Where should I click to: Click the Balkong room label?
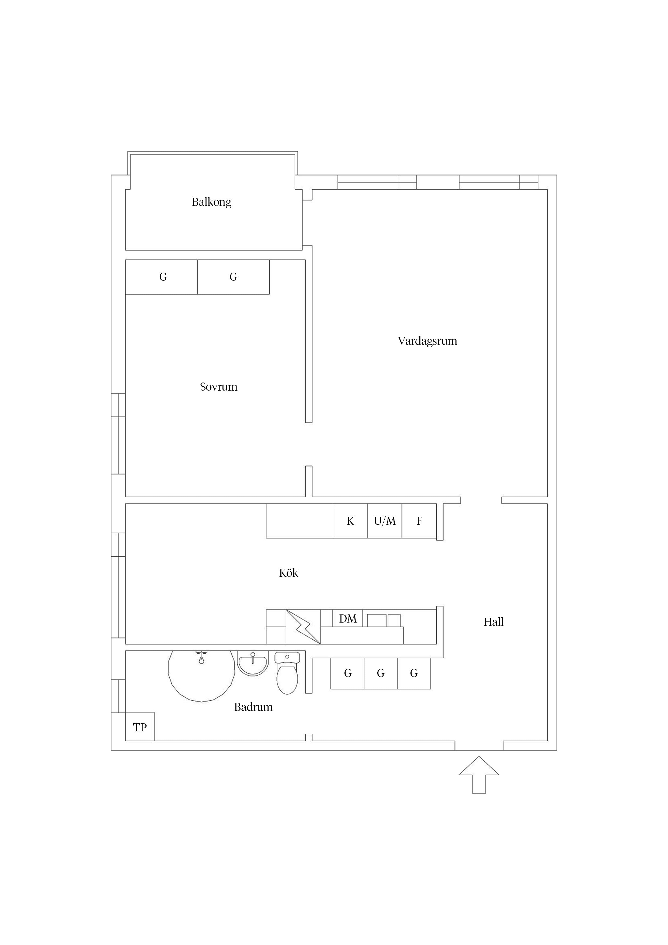click(211, 202)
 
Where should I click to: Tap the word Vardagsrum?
click(427, 341)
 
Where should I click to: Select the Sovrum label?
click(218, 387)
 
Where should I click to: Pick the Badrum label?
click(253, 707)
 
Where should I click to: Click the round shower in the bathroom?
click(201, 676)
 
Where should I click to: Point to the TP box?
click(140, 727)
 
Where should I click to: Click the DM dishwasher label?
click(348, 619)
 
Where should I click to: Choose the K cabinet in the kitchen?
click(350, 521)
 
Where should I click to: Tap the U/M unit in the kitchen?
click(385, 521)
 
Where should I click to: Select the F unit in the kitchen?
click(419, 521)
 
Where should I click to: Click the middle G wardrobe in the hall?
click(381, 673)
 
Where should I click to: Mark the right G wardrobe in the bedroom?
click(233, 277)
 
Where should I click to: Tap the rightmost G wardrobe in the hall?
click(414, 673)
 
